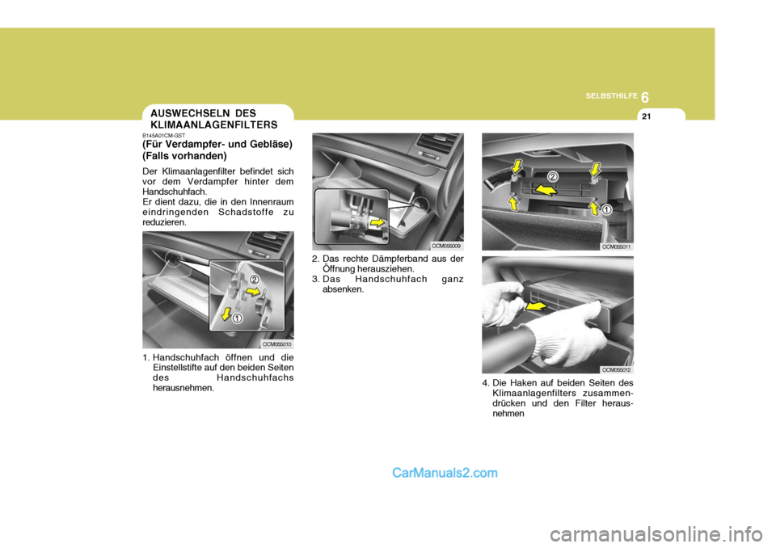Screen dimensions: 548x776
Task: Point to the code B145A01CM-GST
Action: pyautogui.click(x=166, y=136)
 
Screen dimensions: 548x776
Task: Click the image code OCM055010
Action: pyautogui.click(x=276, y=344)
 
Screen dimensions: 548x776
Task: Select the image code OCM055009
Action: pyautogui.click(x=446, y=246)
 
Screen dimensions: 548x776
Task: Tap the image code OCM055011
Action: pyautogui.click(x=616, y=246)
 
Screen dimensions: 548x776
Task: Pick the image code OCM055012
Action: pyautogui.click(x=616, y=369)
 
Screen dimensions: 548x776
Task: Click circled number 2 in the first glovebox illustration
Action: pyautogui.click(x=254, y=280)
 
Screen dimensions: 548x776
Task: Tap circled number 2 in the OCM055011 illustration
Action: pyautogui.click(x=552, y=175)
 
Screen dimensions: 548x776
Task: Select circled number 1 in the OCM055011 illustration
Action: pyautogui.click(x=606, y=209)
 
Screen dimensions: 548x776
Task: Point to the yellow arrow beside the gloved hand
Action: pyautogui.click(x=535, y=306)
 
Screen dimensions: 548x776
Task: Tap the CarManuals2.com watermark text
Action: pyautogui.click(x=445, y=474)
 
